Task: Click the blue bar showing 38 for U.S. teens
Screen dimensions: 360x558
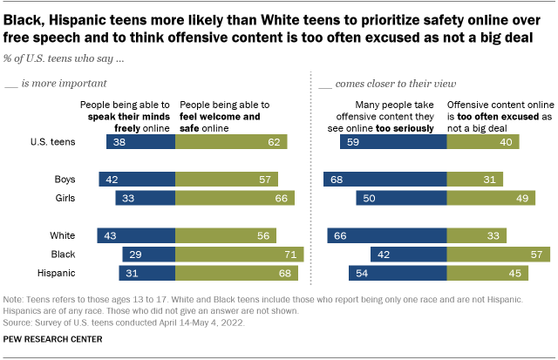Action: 141,141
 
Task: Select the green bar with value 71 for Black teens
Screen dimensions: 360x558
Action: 240,255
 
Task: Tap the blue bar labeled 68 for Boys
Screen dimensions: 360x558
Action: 384,180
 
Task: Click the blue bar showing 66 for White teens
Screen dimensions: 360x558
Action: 387,235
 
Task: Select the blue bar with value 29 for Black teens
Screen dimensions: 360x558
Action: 149,255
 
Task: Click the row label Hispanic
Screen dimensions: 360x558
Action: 77,274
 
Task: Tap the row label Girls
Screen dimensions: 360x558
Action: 85,200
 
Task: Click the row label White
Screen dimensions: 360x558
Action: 85,235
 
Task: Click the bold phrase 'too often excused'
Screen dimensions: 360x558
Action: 485,114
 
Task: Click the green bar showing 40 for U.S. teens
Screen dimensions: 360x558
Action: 483,141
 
